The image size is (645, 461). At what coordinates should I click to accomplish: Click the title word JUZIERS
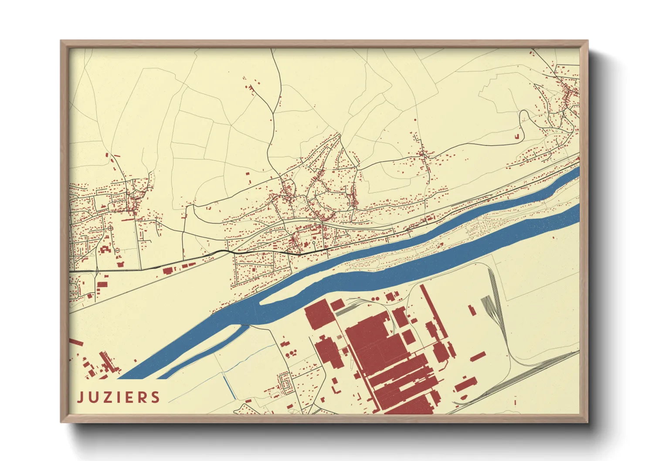(x=119, y=397)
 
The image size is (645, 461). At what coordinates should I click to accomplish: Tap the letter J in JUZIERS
(x=80, y=397)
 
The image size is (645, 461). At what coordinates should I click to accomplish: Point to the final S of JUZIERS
(x=155, y=397)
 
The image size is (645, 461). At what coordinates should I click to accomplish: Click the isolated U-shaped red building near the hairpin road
(x=518, y=136)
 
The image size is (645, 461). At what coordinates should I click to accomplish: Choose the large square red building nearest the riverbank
(x=319, y=314)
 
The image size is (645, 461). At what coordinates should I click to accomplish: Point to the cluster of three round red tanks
(x=288, y=352)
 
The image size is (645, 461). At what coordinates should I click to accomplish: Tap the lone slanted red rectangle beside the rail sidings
(x=471, y=310)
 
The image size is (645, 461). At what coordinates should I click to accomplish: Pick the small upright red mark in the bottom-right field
(x=515, y=401)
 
